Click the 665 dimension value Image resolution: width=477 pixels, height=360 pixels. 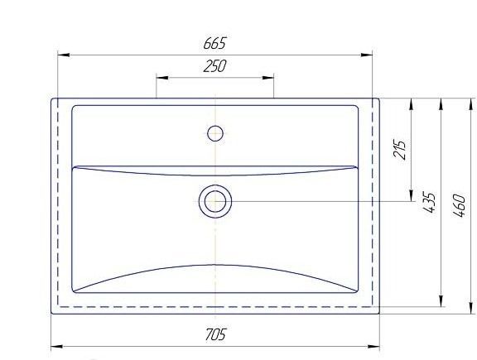(x=215, y=43)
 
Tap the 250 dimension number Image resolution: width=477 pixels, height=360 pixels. (x=215, y=66)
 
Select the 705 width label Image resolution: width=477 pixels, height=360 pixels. (x=215, y=334)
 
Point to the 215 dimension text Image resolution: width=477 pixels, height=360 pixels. (x=400, y=149)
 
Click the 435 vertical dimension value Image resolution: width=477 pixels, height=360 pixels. (x=429, y=202)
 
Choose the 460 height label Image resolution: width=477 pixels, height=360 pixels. (x=459, y=206)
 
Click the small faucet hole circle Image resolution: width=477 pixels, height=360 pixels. (x=215, y=133)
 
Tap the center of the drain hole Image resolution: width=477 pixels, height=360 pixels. (x=215, y=201)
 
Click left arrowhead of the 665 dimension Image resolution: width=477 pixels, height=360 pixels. (x=63, y=55)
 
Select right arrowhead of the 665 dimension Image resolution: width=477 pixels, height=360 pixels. (x=367, y=55)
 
